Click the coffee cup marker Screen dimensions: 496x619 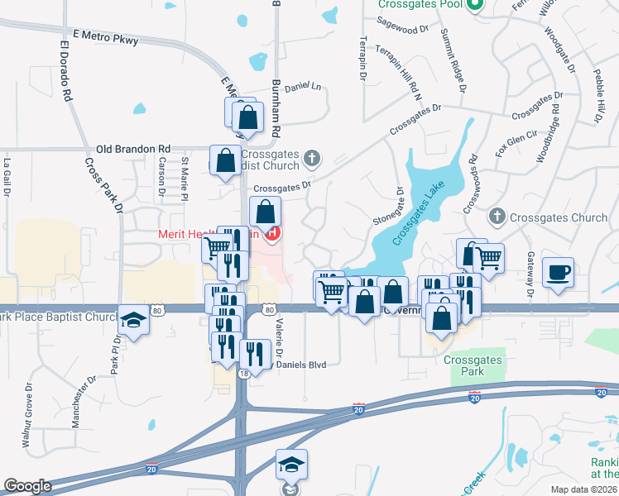point(559,272)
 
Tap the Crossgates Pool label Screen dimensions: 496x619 point(420,4)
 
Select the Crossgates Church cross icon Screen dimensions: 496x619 point(497,217)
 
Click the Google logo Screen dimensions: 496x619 point(27,485)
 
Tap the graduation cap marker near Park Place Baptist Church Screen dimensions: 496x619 point(132,319)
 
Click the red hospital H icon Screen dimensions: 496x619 point(272,234)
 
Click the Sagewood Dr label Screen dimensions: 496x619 point(403,28)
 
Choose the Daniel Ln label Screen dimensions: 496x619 point(302,87)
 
